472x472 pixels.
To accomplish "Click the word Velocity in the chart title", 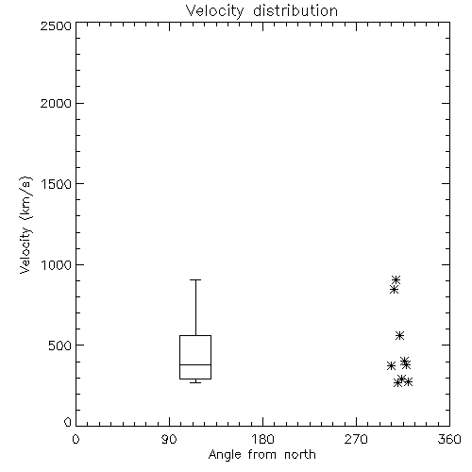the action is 214,11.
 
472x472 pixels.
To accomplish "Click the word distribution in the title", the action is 295,10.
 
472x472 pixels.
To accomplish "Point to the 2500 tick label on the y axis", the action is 56,25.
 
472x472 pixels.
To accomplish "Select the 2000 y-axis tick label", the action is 56,104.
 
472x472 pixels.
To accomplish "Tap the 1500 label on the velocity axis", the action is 57,184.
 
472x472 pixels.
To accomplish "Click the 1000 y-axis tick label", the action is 57,265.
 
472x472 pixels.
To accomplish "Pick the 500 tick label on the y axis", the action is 60,346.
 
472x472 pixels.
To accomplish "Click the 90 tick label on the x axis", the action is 169,439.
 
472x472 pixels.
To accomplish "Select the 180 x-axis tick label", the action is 262,439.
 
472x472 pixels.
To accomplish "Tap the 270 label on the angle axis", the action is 356,439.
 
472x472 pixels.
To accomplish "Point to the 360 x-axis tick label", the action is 449,439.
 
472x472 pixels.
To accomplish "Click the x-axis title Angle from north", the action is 262,455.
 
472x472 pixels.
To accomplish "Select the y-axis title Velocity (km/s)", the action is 25,225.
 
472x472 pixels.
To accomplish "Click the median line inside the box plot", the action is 195,364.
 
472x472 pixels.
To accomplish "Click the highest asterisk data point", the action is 396,279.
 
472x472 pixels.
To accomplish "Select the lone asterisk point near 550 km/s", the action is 399,335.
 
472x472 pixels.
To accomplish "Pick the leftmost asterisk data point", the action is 391,365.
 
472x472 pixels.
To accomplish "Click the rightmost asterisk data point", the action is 408,382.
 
